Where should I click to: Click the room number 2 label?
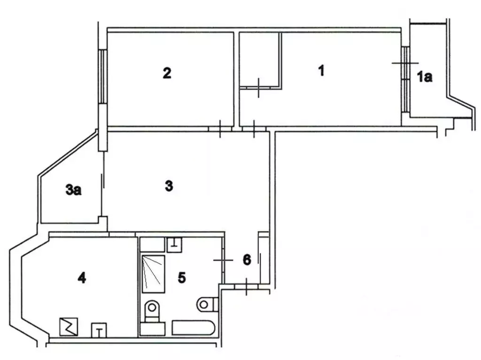pyautogui.click(x=167, y=73)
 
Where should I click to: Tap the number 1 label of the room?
pyautogui.click(x=321, y=71)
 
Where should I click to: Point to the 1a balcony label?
pyautogui.click(x=425, y=77)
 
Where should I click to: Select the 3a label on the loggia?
pyautogui.click(x=74, y=190)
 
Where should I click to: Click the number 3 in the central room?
pyautogui.click(x=169, y=186)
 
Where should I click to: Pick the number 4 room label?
pyautogui.click(x=82, y=278)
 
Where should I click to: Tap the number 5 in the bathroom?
pyautogui.click(x=182, y=277)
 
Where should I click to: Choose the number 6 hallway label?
pyautogui.click(x=248, y=259)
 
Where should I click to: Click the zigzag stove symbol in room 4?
pyautogui.click(x=69, y=326)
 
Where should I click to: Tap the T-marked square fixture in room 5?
pyautogui.click(x=175, y=244)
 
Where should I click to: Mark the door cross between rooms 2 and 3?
pyautogui.click(x=220, y=128)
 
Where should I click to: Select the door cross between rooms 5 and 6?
pyautogui.click(x=223, y=259)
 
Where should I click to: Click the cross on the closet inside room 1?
pyautogui.click(x=258, y=87)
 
